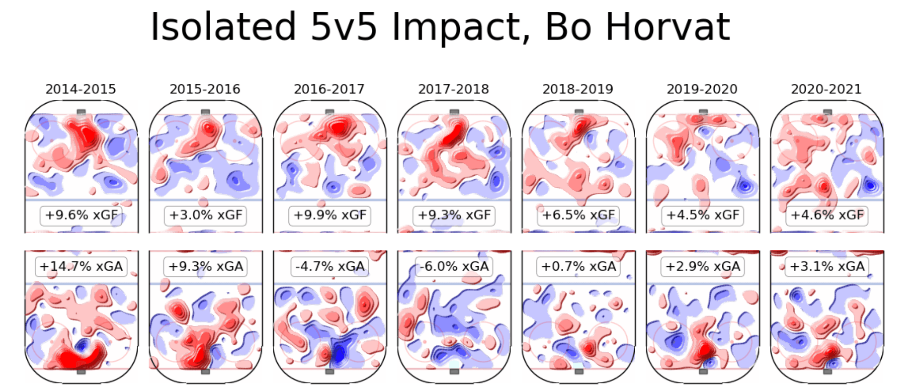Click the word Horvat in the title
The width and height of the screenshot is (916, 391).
(x=668, y=27)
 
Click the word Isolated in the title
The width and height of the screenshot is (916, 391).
(x=223, y=27)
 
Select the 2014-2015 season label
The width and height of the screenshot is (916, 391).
(x=81, y=89)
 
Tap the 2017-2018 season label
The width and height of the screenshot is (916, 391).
(x=454, y=89)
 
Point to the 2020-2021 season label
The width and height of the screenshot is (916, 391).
(x=826, y=89)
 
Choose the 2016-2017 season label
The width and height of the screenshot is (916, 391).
(x=329, y=89)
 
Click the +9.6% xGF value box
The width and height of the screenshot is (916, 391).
(x=81, y=215)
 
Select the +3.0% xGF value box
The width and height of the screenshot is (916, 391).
(x=206, y=215)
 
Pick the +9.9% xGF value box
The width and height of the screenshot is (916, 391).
(x=330, y=215)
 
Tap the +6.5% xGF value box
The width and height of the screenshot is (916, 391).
(x=578, y=215)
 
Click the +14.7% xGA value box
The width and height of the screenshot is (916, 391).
(x=81, y=267)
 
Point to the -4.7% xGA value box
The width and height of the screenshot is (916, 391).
(x=330, y=267)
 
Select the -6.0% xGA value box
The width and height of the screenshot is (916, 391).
(x=454, y=267)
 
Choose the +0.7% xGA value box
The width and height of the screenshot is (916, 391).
(x=578, y=267)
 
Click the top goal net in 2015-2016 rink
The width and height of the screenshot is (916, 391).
(x=205, y=112)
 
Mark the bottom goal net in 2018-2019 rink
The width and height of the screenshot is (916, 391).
(x=579, y=372)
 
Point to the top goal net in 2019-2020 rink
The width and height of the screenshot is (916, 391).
(x=703, y=112)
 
